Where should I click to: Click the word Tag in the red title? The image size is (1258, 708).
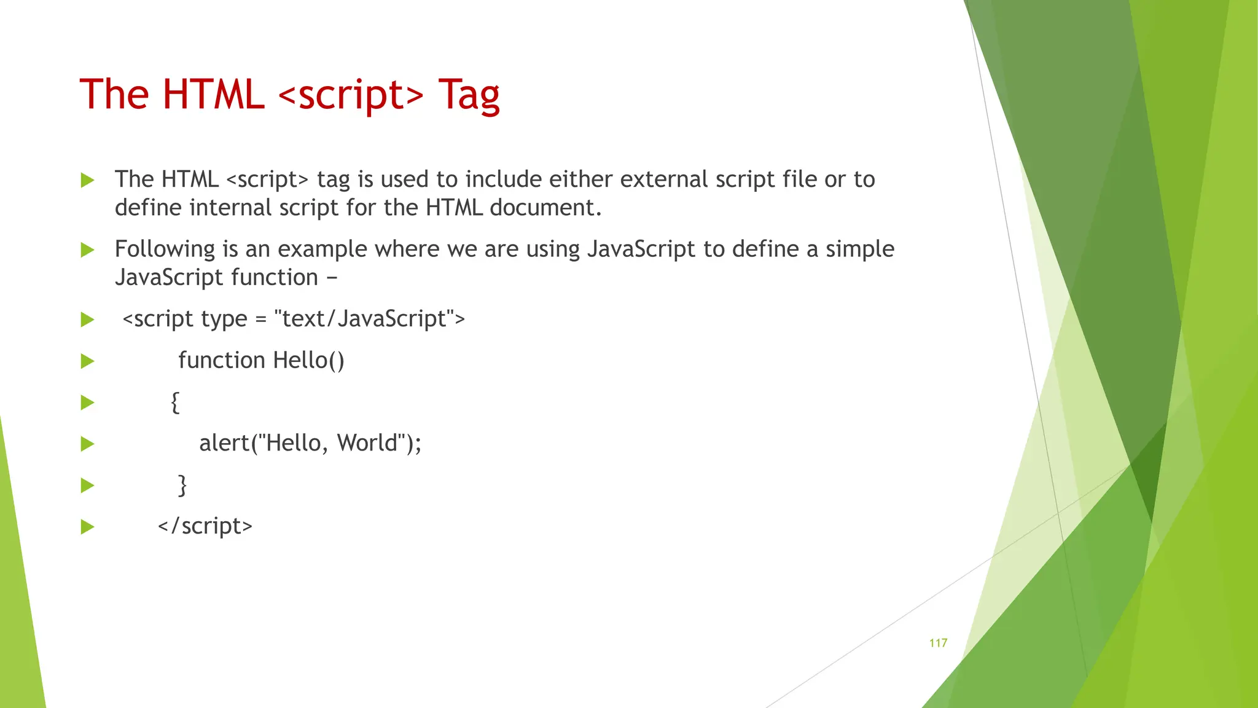coord(469,95)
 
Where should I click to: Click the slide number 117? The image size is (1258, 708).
coord(938,643)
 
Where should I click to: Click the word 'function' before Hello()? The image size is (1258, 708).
coord(221,360)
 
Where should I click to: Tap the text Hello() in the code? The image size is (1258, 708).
coord(308,360)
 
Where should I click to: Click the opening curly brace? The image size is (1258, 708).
coord(175,403)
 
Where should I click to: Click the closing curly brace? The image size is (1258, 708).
coord(182,485)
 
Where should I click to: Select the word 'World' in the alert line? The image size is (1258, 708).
coord(367,443)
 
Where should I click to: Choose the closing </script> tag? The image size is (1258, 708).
coord(205,526)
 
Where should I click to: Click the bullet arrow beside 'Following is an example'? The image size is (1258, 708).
coord(88,250)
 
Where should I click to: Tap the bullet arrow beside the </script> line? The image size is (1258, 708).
coord(88,527)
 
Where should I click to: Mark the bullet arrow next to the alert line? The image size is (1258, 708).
coord(88,444)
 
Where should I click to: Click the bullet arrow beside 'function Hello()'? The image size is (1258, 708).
coord(88,361)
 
